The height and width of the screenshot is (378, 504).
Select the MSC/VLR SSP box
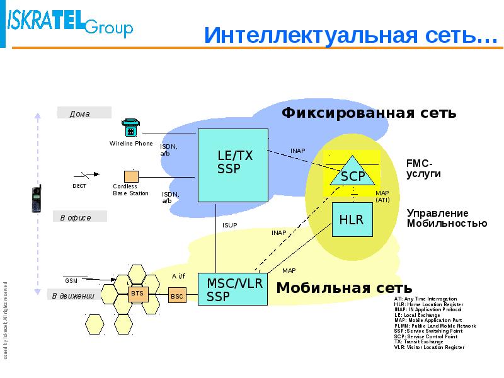pos(232,289)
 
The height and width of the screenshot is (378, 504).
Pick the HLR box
pos(352,220)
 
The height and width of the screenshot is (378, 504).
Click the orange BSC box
pos(178,295)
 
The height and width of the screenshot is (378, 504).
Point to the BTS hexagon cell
pos(137,294)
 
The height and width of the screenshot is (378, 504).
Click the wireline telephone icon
pos(131,128)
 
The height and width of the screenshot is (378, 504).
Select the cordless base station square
pos(131,176)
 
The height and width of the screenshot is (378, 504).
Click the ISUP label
pos(229,225)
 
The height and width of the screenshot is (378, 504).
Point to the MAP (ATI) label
pos(383,196)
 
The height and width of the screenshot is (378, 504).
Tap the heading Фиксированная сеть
pos(369,113)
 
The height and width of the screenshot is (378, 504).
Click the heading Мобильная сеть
pos(344,289)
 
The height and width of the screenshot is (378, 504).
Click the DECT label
pos(79,186)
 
